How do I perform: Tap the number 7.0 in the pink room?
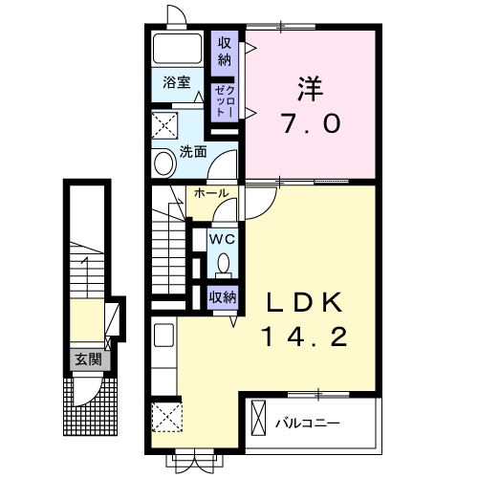pos(310,125)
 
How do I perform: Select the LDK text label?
pos(303,302)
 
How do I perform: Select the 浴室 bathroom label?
pos(175,83)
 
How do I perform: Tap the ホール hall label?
pos(210,194)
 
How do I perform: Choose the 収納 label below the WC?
pos(224,297)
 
